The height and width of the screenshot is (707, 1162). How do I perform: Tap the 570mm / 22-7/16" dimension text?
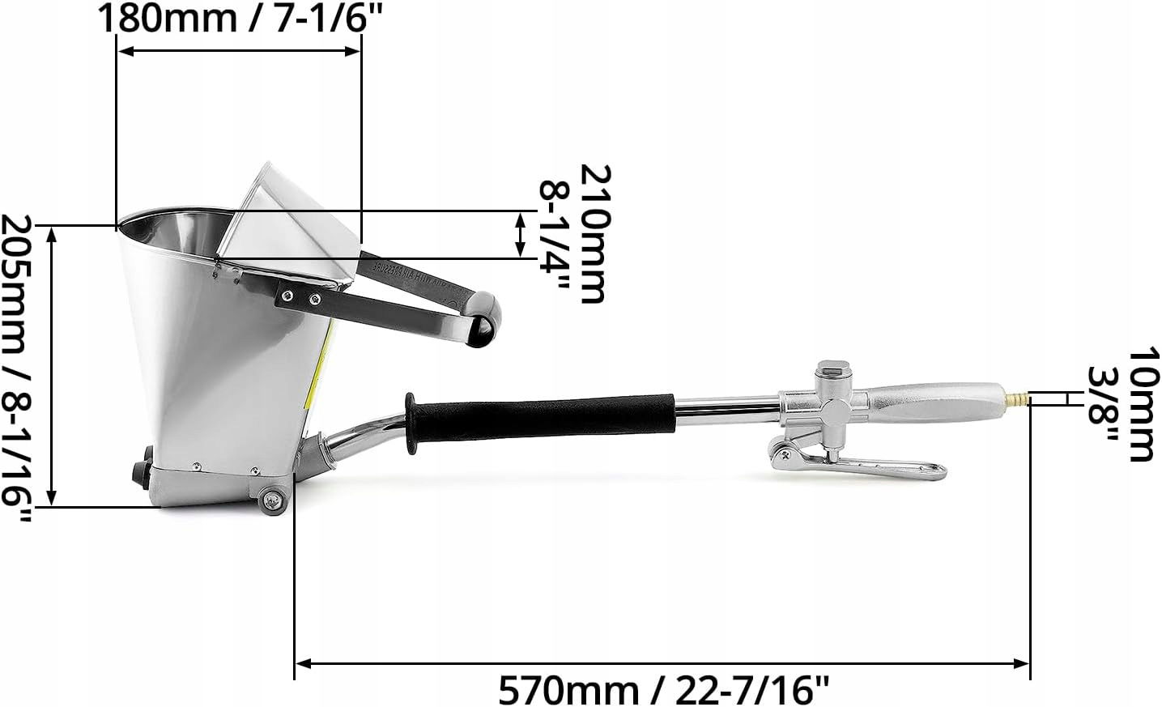pyautogui.click(x=665, y=690)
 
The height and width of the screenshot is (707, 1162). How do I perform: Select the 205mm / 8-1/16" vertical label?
pyautogui.click(x=16, y=368)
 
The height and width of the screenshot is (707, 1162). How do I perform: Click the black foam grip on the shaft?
pyautogui.click(x=541, y=418)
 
